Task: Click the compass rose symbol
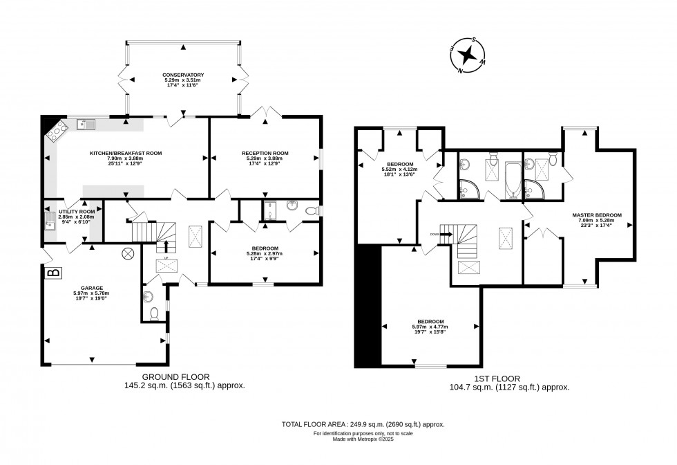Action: [468, 55]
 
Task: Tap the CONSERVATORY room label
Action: [183, 75]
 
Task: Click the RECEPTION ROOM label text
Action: [265, 153]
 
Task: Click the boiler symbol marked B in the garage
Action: [52, 273]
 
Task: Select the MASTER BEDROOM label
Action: [597, 215]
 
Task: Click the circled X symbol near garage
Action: [127, 253]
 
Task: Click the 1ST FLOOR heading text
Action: [504, 379]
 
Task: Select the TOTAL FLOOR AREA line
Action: [363, 423]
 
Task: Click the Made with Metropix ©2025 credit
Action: [362, 439]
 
